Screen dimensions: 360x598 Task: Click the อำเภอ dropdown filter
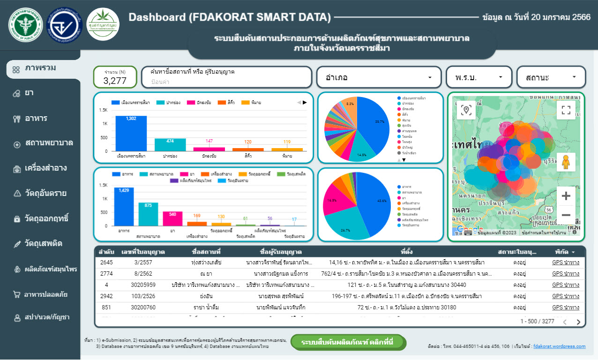click(x=379, y=77)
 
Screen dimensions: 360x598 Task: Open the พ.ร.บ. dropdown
click(x=478, y=77)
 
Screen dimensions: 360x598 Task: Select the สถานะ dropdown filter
click(x=551, y=77)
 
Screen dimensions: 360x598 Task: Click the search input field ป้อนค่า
click(x=226, y=82)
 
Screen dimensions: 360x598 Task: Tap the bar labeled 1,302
click(x=131, y=133)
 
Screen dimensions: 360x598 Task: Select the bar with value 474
click(x=170, y=144)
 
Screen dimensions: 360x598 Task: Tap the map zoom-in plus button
click(x=566, y=196)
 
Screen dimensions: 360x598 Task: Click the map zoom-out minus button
click(x=566, y=215)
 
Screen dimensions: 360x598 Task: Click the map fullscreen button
click(x=566, y=110)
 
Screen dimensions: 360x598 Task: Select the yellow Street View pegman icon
click(x=566, y=162)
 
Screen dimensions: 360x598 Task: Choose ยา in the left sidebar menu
click(x=29, y=93)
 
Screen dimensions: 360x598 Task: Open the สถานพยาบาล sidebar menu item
click(x=49, y=143)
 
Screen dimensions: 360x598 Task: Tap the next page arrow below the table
click(x=578, y=322)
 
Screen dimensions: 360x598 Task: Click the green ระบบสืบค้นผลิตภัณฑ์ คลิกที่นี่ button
click(x=347, y=341)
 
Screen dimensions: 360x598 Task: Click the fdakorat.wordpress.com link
click(x=559, y=346)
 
